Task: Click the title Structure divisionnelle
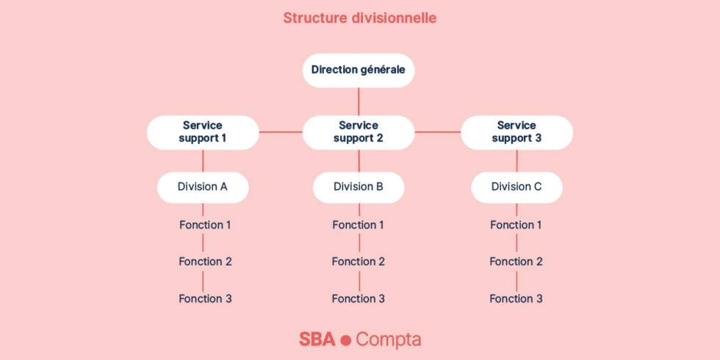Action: pyautogui.click(x=359, y=17)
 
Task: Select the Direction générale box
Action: pyautogui.click(x=359, y=71)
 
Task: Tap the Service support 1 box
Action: pyautogui.click(x=203, y=132)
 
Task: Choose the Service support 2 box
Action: pyautogui.click(x=359, y=132)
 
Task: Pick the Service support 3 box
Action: pyautogui.click(x=516, y=132)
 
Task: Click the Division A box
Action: pyautogui.click(x=203, y=187)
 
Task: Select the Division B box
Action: pyautogui.click(x=359, y=187)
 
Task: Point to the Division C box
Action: pyautogui.click(x=516, y=187)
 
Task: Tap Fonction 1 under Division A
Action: pyautogui.click(x=205, y=225)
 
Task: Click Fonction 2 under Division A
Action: pyautogui.click(x=205, y=262)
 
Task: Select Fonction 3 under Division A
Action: pyautogui.click(x=205, y=298)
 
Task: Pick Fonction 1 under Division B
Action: pyautogui.click(x=358, y=225)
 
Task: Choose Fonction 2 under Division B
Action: pyautogui.click(x=358, y=262)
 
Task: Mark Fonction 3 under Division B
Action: pyautogui.click(x=358, y=298)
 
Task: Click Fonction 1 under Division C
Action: pyautogui.click(x=516, y=225)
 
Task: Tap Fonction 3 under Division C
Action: pyautogui.click(x=516, y=298)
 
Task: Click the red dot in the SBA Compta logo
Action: pyautogui.click(x=346, y=340)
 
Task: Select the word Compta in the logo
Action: pyautogui.click(x=389, y=340)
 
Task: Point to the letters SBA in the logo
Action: pyautogui.click(x=317, y=339)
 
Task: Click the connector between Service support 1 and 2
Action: pyautogui.click(x=281, y=132)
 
